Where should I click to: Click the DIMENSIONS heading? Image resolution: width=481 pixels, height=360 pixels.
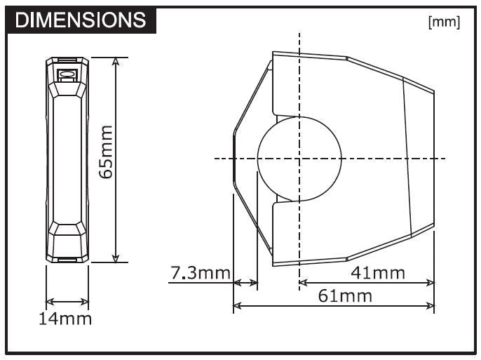click(x=81, y=20)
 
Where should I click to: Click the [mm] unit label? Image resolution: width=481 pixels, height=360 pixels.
click(x=444, y=22)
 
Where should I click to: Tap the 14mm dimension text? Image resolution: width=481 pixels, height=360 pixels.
click(x=65, y=319)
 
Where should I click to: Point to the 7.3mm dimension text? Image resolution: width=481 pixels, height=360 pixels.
click(x=200, y=272)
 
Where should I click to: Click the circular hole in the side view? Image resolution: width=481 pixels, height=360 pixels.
click(x=299, y=158)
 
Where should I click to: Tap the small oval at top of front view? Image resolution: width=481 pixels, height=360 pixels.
click(x=67, y=73)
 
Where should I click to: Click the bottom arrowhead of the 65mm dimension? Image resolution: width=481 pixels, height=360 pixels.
click(x=116, y=258)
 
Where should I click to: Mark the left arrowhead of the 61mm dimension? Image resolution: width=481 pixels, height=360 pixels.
click(x=236, y=306)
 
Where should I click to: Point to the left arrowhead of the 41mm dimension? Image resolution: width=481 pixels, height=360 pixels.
click(x=304, y=283)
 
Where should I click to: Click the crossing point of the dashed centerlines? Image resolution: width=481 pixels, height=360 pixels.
click(x=299, y=158)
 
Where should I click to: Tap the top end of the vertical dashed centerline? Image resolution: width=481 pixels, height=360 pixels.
click(x=299, y=33)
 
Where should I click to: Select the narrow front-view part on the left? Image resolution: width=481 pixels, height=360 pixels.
click(x=67, y=159)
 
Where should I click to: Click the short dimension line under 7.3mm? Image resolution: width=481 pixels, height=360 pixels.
click(x=245, y=283)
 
